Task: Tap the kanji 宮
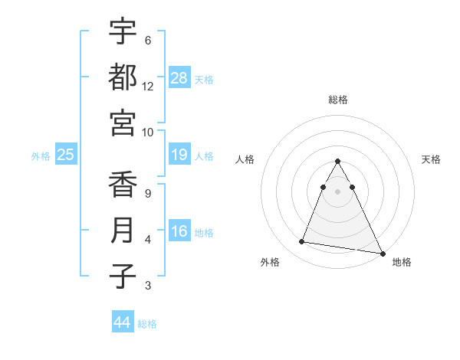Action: pyautogui.click(x=123, y=123)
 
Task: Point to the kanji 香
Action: pyautogui.click(x=123, y=185)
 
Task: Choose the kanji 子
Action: pyautogui.click(x=123, y=276)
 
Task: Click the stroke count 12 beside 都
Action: pyautogui.click(x=148, y=87)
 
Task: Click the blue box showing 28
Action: pyautogui.click(x=179, y=77)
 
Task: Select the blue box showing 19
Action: pyautogui.click(x=179, y=155)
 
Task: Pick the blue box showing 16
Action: pyautogui.click(x=179, y=231)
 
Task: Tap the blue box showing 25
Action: pyautogui.click(x=66, y=155)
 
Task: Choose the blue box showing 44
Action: pyautogui.click(x=123, y=322)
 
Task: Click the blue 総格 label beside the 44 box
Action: pyautogui.click(x=147, y=324)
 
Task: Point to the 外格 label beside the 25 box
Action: pyautogui.click(x=41, y=156)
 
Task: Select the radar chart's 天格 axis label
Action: pyautogui.click(x=432, y=159)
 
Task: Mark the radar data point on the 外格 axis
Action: pyautogui.click(x=302, y=242)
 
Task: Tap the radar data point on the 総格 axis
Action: pyautogui.click(x=337, y=162)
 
